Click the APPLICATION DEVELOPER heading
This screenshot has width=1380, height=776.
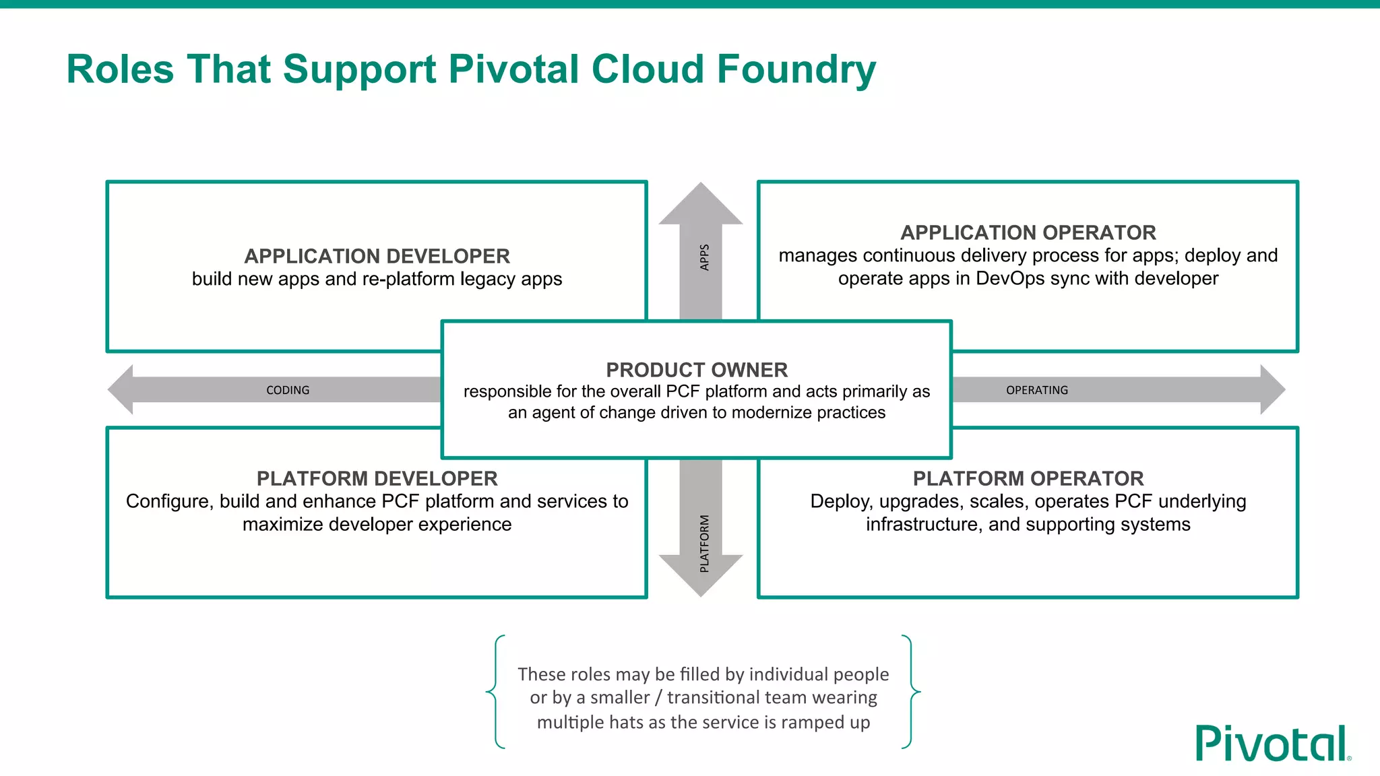click(377, 256)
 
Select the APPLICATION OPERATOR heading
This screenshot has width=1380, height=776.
click(1028, 232)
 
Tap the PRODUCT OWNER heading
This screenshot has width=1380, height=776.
click(696, 370)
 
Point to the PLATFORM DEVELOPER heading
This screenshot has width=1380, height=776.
click(377, 478)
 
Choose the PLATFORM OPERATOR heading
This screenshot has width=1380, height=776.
click(1028, 478)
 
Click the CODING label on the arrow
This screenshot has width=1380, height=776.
click(288, 390)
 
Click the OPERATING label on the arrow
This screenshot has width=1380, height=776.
click(1036, 390)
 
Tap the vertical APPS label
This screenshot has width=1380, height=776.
click(704, 257)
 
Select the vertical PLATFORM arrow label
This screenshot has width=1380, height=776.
click(704, 543)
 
